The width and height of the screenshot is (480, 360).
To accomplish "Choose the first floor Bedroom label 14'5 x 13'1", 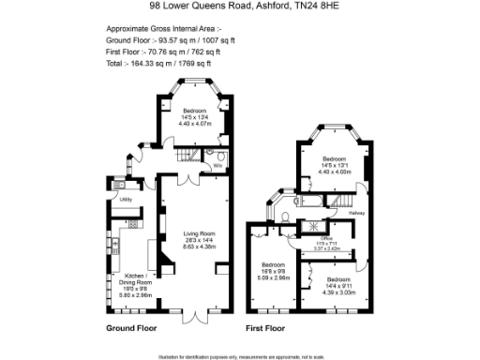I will tap(335, 165).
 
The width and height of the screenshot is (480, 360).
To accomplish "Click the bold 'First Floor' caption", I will tap(265, 330).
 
